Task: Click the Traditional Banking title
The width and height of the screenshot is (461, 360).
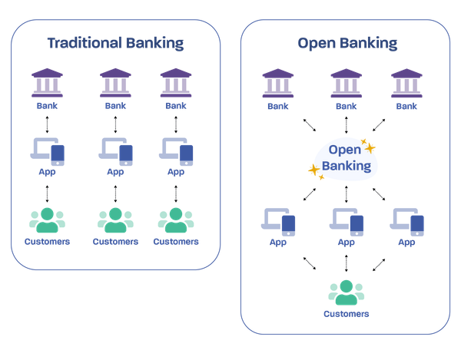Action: pyautogui.click(x=115, y=43)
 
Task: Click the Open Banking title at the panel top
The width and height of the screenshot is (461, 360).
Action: pyautogui.click(x=347, y=43)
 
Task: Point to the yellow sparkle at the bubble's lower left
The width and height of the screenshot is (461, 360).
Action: pyautogui.click(x=313, y=170)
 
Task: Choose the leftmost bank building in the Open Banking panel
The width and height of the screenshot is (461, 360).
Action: pyautogui.click(x=277, y=82)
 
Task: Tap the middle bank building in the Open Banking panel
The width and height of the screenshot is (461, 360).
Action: pyautogui.click(x=345, y=82)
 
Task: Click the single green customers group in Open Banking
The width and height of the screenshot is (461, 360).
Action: pyautogui.click(x=345, y=292)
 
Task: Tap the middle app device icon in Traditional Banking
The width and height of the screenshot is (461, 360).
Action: pyautogui.click(x=116, y=152)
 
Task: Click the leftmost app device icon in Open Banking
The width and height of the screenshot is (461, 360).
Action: pyautogui.click(x=279, y=221)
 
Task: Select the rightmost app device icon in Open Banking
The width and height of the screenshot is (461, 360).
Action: pyautogui.click(x=407, y=221)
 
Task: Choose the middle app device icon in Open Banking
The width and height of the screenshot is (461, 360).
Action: pyautogui.click(x=347, y=221)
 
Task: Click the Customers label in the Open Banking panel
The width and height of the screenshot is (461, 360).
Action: pyautogui.click(x=345, y=314)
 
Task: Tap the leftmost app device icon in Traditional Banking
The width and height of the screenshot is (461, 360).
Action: pyautogui.click(x=48, y=152)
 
